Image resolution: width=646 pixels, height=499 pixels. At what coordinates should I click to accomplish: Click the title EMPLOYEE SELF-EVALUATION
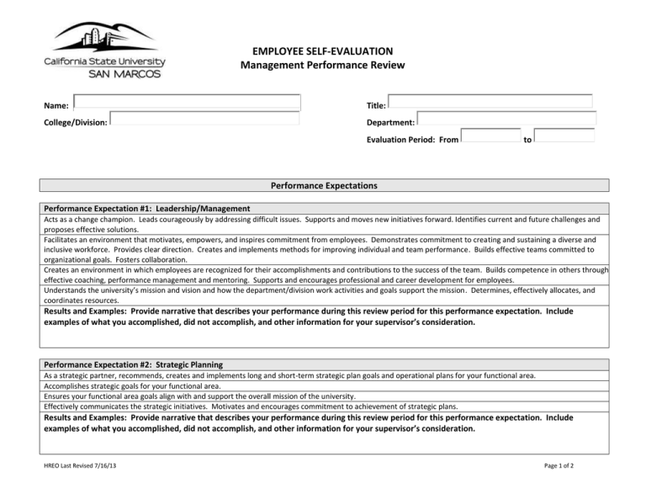(x=322, y=51)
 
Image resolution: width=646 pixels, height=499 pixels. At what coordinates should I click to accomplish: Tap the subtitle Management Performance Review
(x=322, y=66)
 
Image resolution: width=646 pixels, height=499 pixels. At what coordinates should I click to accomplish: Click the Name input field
(x=187, y=103)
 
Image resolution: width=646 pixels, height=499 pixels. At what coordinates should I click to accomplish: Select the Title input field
(x=490, y=102)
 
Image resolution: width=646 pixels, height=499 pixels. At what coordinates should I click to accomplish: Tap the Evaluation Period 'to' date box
(x=564, y=136)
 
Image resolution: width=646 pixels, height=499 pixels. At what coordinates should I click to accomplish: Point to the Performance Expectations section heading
(x=323, y=185)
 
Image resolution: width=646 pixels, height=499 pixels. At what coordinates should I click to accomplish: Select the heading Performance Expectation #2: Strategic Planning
(x=133, y=365)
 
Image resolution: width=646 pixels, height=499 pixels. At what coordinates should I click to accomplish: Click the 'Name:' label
(x=56, y=106)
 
